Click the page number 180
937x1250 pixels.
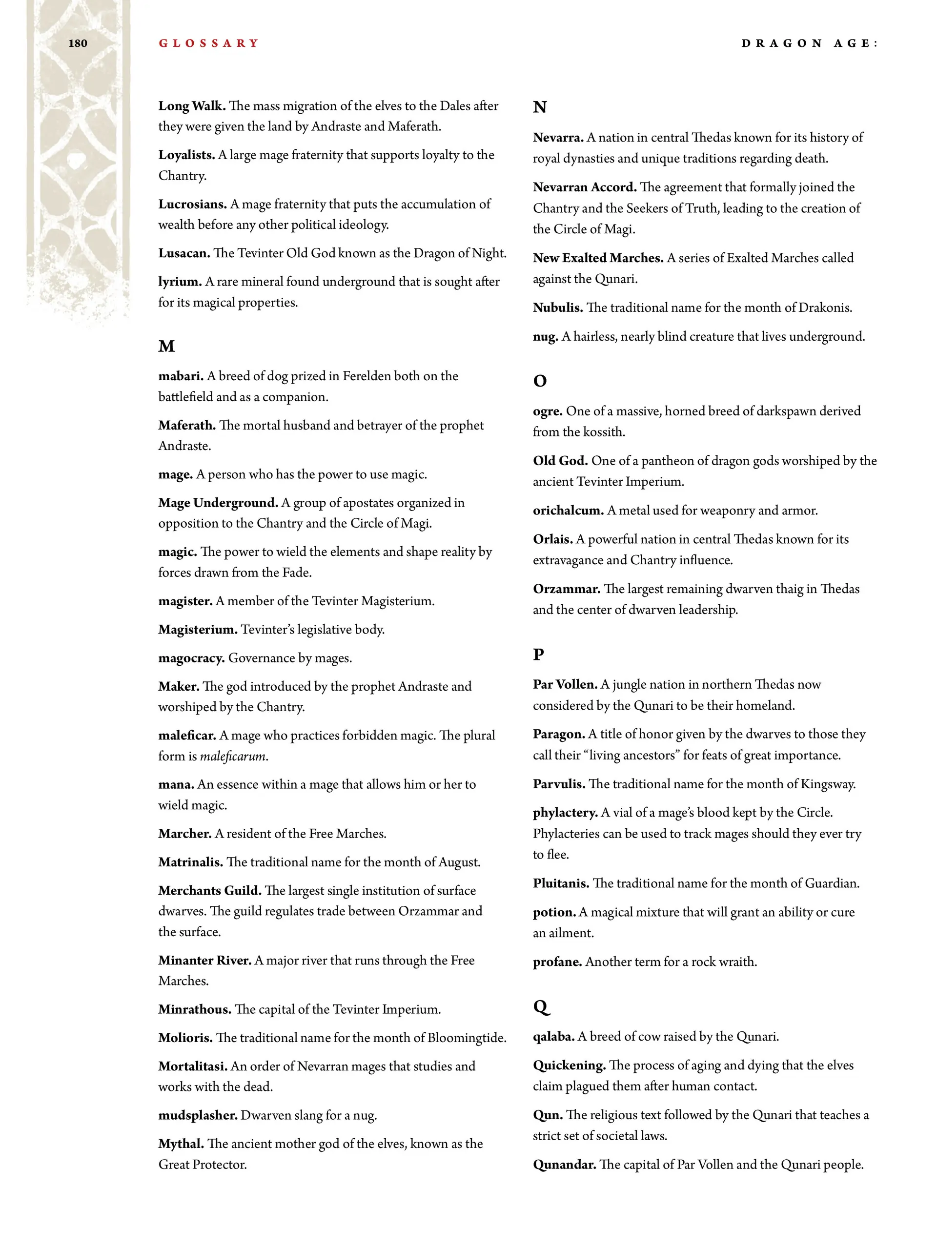78,43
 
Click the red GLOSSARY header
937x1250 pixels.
208,43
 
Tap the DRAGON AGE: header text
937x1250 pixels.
809,43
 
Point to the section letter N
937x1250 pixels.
540,107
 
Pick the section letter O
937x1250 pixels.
540,381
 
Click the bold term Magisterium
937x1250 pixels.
198,630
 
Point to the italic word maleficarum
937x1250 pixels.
233,756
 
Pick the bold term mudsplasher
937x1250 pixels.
198,1115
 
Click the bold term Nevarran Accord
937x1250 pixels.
584,187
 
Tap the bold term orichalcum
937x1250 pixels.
568,511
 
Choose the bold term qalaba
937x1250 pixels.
553,1036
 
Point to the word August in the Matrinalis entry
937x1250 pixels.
458,862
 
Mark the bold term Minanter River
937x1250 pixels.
204,961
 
